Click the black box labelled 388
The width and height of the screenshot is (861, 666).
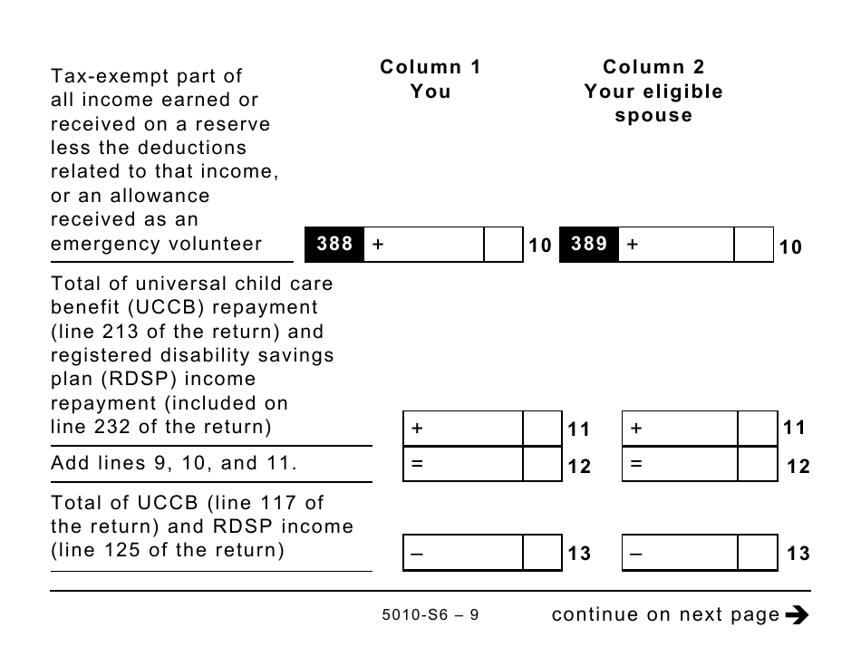pyautogui.click(x=334, y=245)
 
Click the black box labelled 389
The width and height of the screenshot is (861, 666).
pyautogui.click(x=589, y=245)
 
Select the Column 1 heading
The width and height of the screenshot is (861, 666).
pyautogui.click(x=430, y=67)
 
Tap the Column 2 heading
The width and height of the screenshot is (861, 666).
pyautogui.click(x=653, y=67)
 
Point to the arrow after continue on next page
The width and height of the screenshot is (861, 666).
pyautogui.click(x=797, y=615)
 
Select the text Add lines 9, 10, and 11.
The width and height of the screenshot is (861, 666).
pyautogui.click(x=174, y=463)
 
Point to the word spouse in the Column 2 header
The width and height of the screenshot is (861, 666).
pyautogui.click(x=653, y=116)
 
